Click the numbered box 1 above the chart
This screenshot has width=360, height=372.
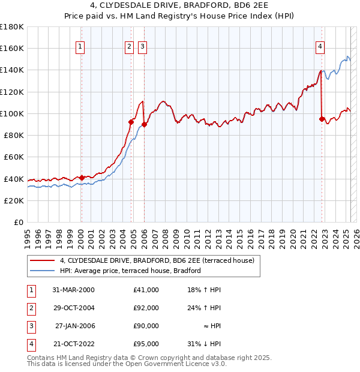pos(80,47)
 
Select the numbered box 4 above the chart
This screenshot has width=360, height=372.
pos(320,47)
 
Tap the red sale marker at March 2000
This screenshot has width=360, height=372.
pos(82,178)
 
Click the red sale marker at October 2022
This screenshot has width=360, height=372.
pos(322,119)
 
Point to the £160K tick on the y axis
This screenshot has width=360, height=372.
pos(12,49)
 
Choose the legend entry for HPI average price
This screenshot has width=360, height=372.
pos(130,271)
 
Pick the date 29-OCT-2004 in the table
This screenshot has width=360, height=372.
pos(74,308)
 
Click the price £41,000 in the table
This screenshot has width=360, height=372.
pos(146,290)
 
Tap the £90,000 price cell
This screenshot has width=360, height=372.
pos(146,326)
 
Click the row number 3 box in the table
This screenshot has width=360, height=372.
pos(31,326)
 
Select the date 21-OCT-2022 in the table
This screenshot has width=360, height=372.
pos(74,344)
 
